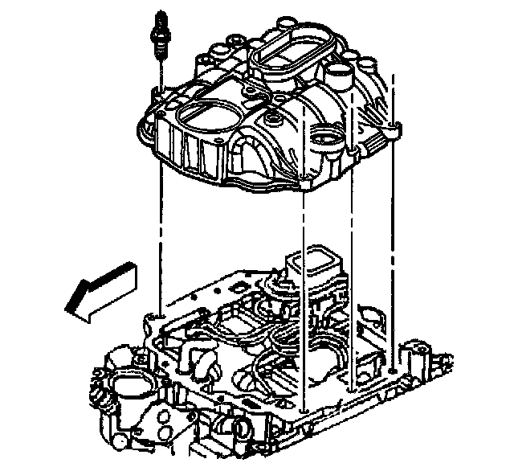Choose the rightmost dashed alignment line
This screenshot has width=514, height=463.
[391, 241]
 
